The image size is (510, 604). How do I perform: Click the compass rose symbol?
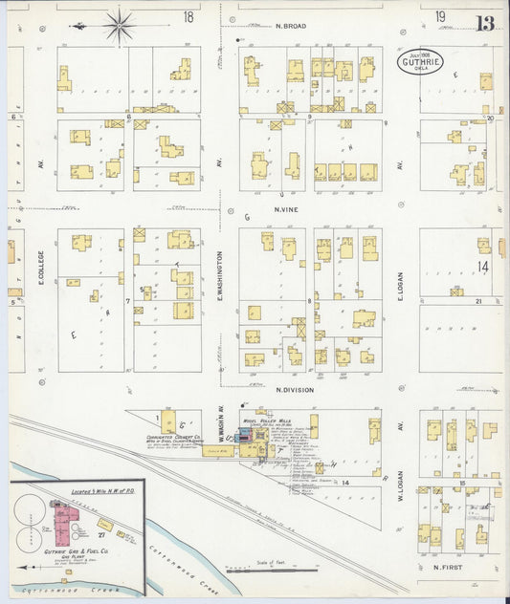coord(120,26)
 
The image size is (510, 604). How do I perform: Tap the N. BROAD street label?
coord(290,26)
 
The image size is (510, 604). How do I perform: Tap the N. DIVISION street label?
coord(295,389)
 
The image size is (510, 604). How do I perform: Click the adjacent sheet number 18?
coord(188,17)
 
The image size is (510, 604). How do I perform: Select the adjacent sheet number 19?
coord(439,17)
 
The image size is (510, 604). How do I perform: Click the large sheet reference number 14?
coord(483,267)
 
